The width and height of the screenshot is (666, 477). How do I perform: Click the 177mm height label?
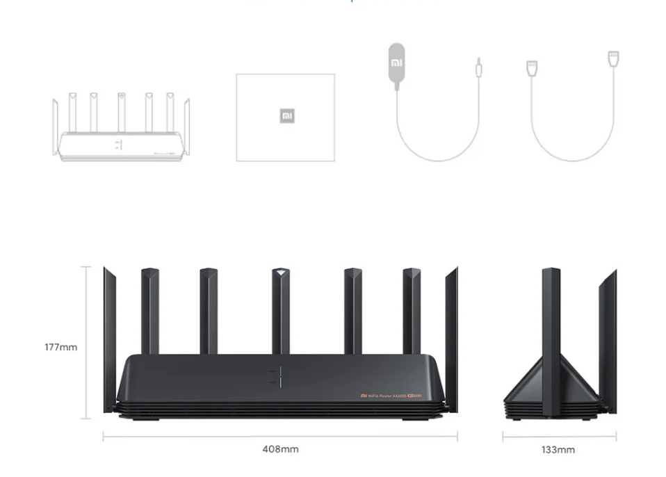[x=60, y=347]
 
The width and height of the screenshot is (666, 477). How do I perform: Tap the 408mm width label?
[x=280, y=449]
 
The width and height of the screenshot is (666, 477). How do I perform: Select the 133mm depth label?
[x=558, y=450]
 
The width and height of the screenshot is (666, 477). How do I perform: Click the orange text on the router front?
[x=391, y=396]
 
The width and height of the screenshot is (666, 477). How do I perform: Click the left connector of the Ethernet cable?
[x=533, y=68]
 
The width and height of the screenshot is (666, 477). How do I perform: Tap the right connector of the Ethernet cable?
[x=613, y=58]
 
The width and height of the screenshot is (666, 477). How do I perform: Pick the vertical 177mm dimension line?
[x=86, y=342]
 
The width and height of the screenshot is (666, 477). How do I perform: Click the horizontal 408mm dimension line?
[x=280, y=437]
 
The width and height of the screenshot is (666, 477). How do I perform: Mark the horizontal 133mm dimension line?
[x=559, y=437]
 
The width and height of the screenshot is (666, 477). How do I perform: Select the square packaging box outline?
[x=285, y=118]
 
